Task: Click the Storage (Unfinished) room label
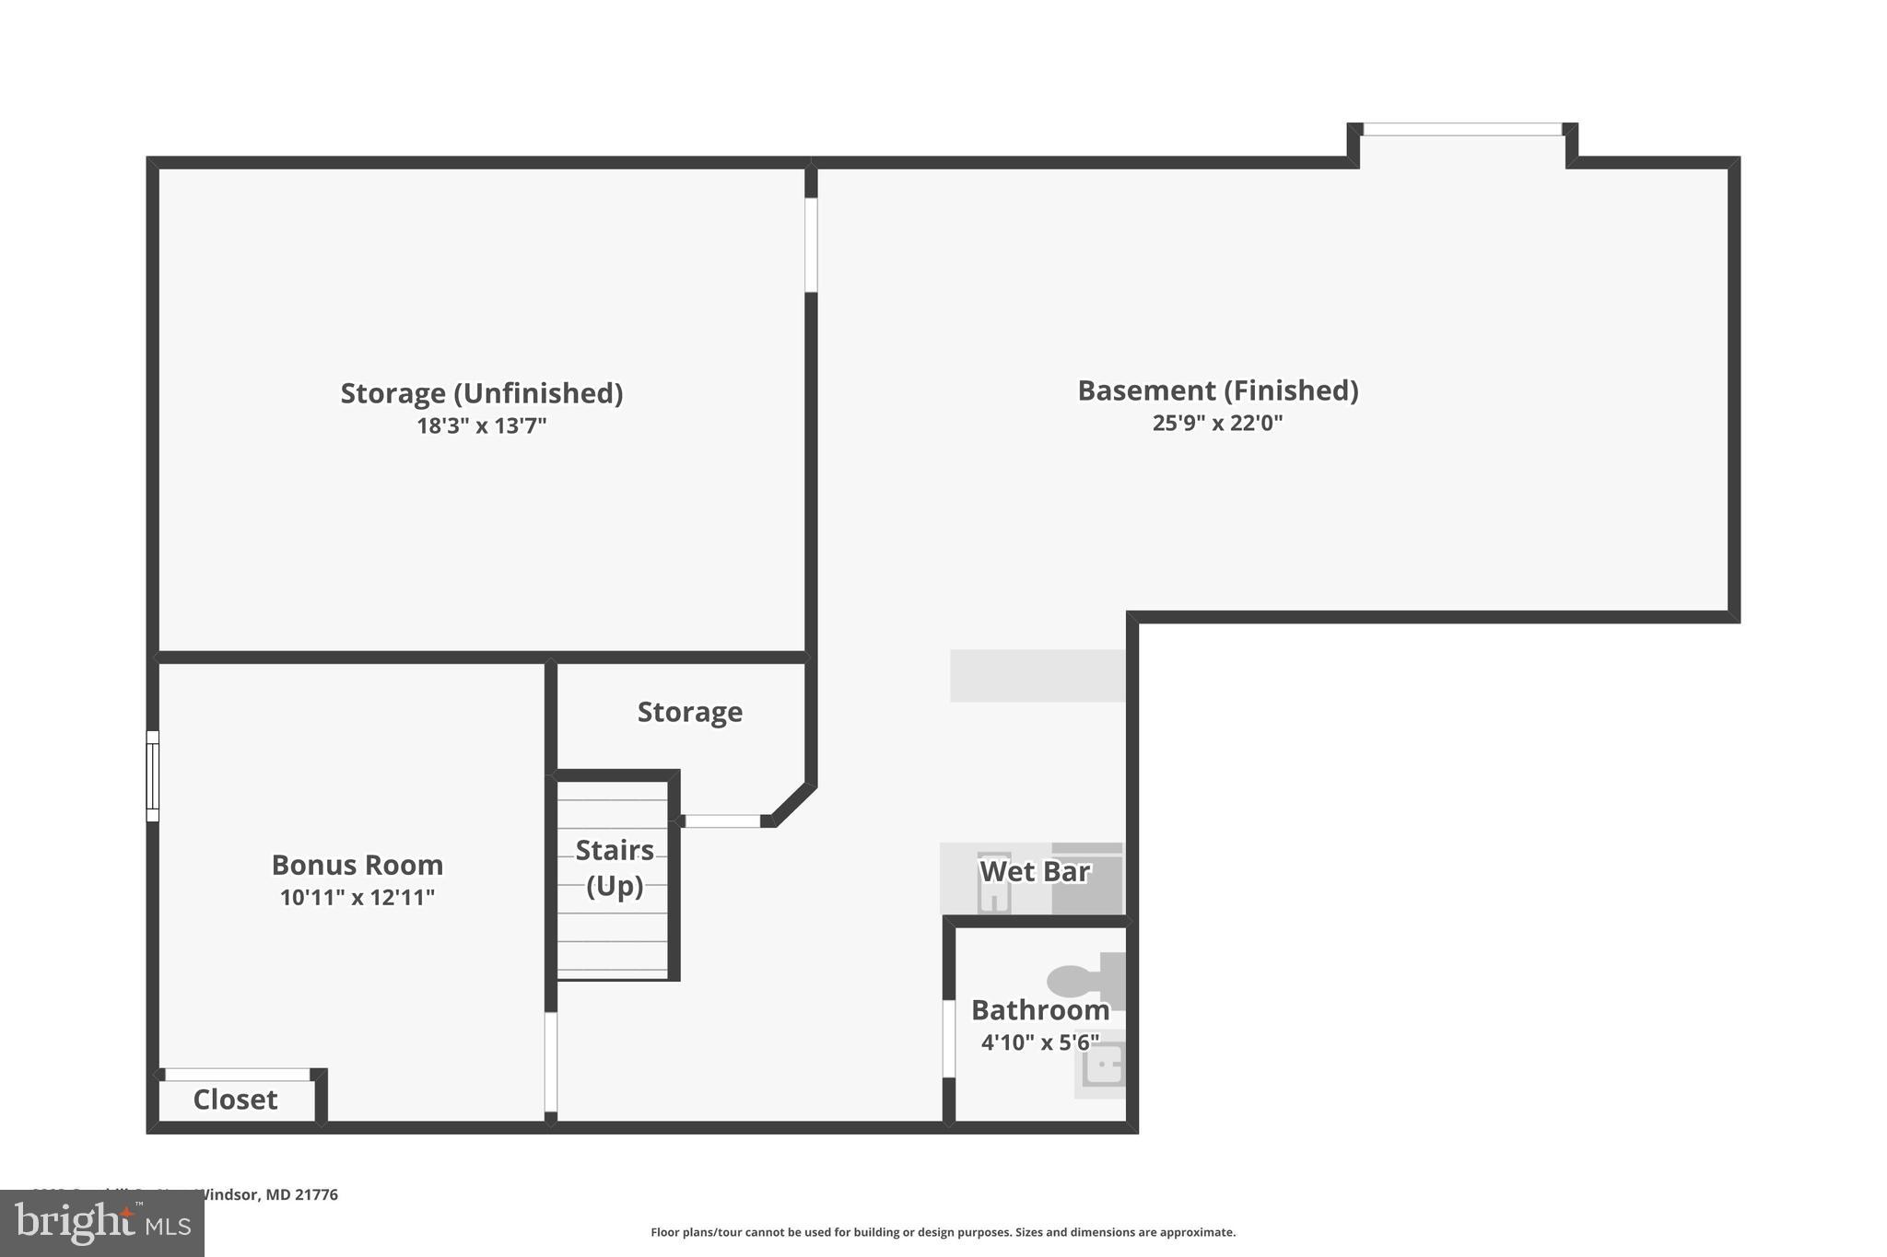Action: (x=481, y=393)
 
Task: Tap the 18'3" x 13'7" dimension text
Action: (x=481, y=426)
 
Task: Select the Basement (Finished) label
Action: (x=1217, y=390)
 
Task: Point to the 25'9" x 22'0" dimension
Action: (x=1217, y=424)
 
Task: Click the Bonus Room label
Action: (x=357, y=865)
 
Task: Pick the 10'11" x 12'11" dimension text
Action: (x=357, y=898)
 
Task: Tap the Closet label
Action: (x=235, y=1100)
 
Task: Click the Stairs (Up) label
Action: (x=615, y=867)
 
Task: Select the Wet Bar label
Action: (x=1034, y=871)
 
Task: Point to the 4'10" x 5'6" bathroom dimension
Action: (x=1039, y=1042)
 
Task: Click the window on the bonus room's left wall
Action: (x=153, y=775)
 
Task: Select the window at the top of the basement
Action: (x=1462, y=130)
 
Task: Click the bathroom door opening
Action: (x=948, y=1038)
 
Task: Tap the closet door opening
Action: (x=238, y=1075)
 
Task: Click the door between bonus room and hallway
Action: (x=551, y=1062)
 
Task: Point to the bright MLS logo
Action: (x=102, y=1224)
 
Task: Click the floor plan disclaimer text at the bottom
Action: (x=943, y=1232)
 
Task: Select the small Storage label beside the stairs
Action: (x=689, y=712)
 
